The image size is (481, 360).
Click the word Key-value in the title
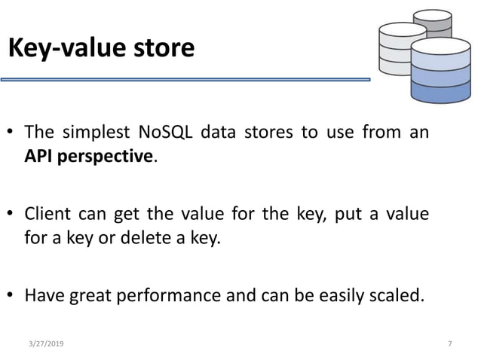pos(66,49)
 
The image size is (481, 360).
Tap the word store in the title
pos(161,49)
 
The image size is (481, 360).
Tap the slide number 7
pos(449,343)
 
